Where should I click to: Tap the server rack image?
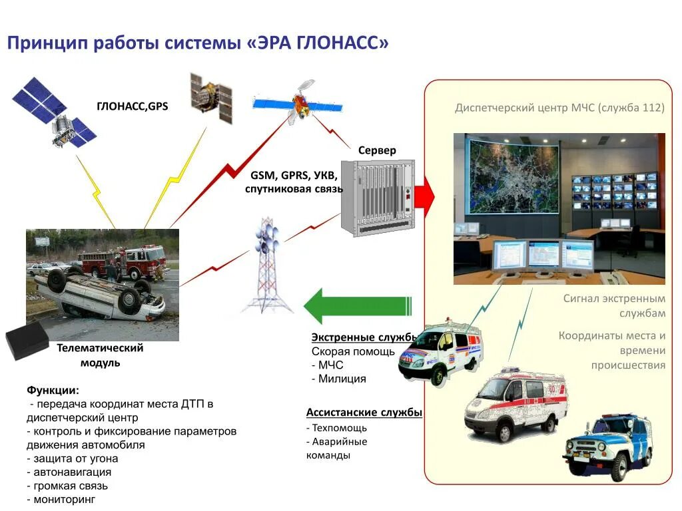point(378,198)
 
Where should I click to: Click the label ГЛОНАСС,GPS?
point(132,106)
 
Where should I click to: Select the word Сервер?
point(377,150)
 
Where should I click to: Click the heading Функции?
point(53,390)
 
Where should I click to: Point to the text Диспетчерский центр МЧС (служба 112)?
point(559,108)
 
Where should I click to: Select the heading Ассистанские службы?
point(364,413)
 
